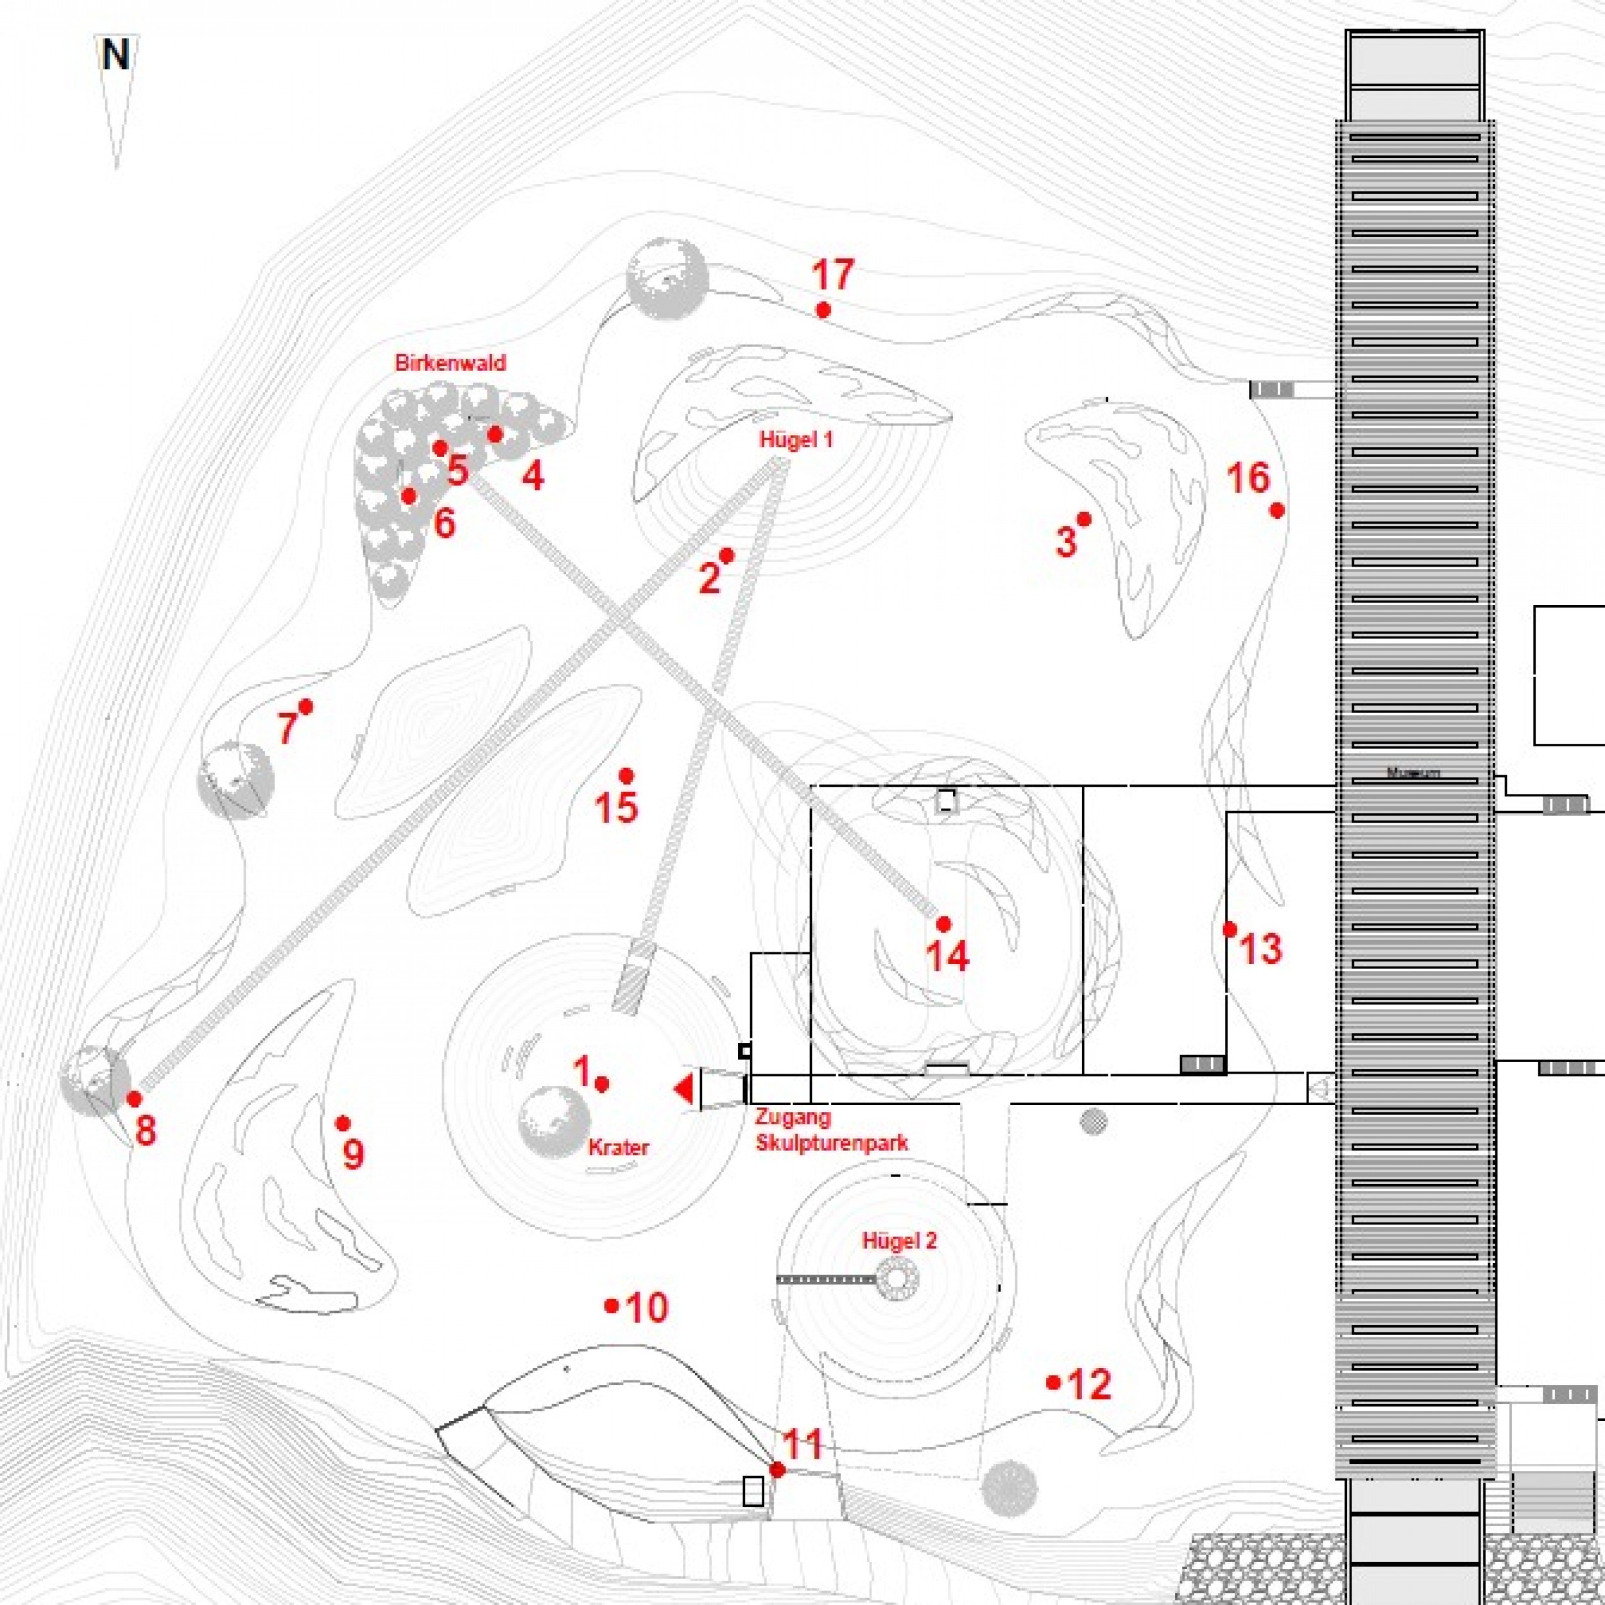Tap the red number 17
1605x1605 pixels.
coord(832,275)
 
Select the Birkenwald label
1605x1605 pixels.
coord(451,363)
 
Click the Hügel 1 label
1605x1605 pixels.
coord(796,440)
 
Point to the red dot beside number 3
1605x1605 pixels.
coord(1084,519)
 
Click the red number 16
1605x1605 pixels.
coord(1249,479)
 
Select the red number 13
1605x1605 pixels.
coord(1260,948)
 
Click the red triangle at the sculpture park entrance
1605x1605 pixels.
coord(683,1089)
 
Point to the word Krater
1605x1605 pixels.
coord(618,1147)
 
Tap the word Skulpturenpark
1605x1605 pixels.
coord(832,1142)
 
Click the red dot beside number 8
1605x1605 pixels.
coord(133,1098)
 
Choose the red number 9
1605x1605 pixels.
coord(353,1154)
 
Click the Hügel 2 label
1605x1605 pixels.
coord(900,1241)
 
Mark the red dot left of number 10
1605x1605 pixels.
coord(612,1306)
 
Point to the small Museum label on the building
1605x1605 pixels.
coord(1413,773)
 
